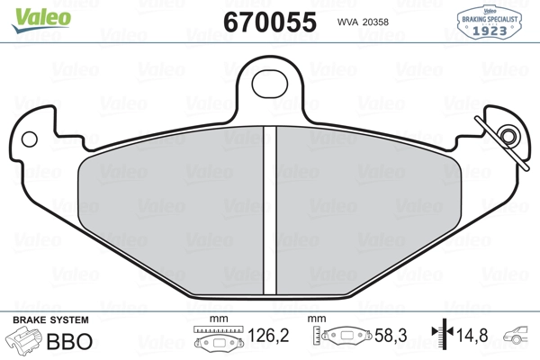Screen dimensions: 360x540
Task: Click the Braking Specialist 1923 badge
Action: (x=493, y=21)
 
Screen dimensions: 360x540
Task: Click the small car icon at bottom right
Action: (x=519, y=338)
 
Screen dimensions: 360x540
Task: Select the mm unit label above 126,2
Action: (x=216, y=320)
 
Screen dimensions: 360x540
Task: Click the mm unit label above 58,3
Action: (x=316, y=320)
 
